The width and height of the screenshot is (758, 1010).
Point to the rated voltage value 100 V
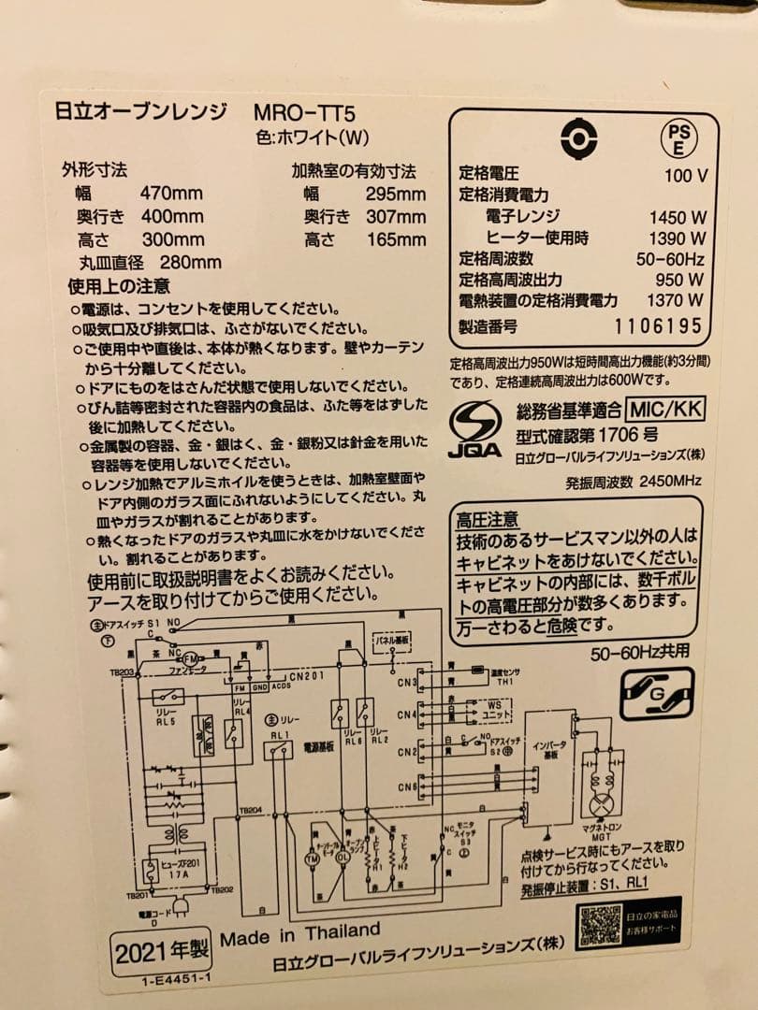pyautogui.click(x=685, y=174)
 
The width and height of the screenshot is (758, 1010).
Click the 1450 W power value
pyautogui.click(x=677, y=217)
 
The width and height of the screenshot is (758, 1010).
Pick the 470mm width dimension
pyautogui.click(x=171, y=195)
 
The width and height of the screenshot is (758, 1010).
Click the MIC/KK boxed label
pyautogui.click(x=666, y=409)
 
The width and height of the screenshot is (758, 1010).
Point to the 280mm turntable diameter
pyautogui.click(x=191, y=263)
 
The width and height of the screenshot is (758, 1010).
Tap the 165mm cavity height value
pyautogui.click(x=397, y=240)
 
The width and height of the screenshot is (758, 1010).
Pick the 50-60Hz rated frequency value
pyautogui.click(x=670, y=258)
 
